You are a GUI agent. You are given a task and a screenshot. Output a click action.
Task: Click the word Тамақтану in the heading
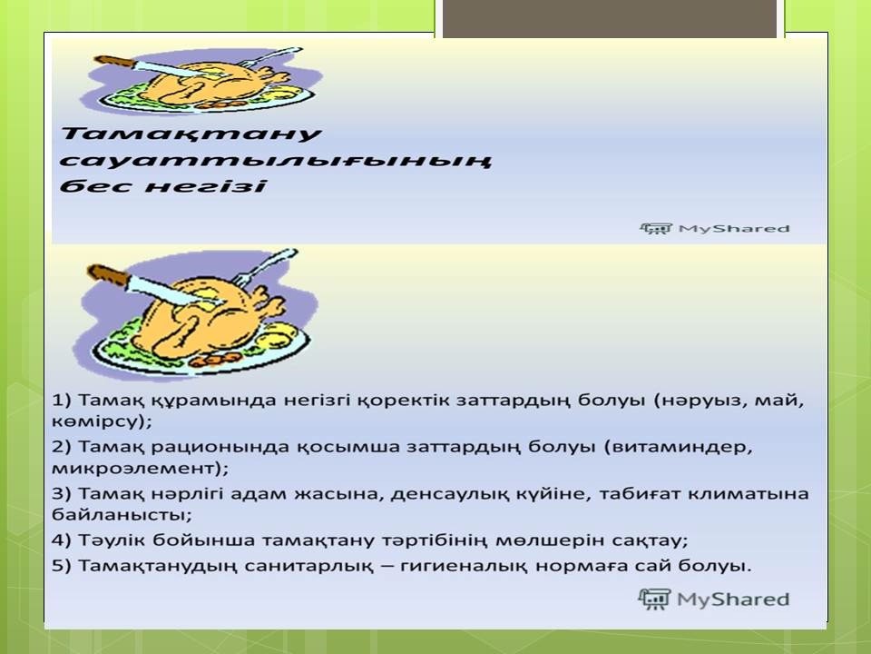[191, 134]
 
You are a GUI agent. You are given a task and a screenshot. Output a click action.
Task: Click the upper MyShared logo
[714, 229]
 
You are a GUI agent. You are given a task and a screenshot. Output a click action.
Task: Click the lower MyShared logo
[714, 599]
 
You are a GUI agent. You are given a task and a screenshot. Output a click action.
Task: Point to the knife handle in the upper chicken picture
[114, 61]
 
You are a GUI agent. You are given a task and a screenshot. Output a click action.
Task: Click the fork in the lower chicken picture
[264, 267]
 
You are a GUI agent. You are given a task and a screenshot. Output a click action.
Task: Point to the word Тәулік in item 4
[112, 540]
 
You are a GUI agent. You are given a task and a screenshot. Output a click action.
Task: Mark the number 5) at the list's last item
[62, 566]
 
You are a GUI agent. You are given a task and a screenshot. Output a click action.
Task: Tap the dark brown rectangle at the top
[610, 18]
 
